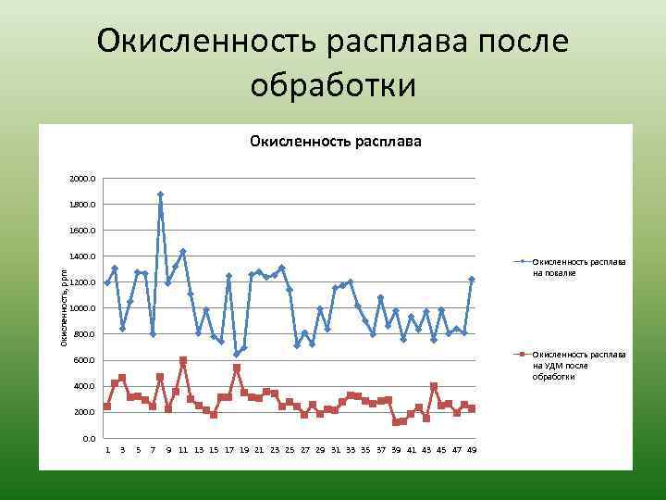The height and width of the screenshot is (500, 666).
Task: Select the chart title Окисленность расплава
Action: pyautogui.click(x=335, y=142)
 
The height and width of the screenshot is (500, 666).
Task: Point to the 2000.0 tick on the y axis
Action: pyautogui.click(x=81, y=179)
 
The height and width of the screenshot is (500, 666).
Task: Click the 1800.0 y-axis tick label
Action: pyautogui.click(x=81, y=205)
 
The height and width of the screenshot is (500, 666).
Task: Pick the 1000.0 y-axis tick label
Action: pyautogui.click(x=81, y=308)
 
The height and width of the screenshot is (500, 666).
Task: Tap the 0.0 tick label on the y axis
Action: pyautogui.click(x=87, y=438)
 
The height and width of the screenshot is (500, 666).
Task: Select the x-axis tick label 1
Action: pyautogui.click(x=107, y=450)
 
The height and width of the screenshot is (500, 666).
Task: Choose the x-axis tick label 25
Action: pyautogui.click(x=290, y=450)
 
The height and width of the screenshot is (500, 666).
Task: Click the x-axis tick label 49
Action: pyautogui.click(x=471, y=450)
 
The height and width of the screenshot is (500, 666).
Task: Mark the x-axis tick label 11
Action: pyautogui.click(x=183, y=450)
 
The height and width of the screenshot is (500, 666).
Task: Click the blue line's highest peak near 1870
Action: pyautogui.click(x=160, y=194)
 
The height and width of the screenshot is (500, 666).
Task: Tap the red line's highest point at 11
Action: pyautogui.click(x=183, y=360)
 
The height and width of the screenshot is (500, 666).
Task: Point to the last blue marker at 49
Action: pyautogui.click(x=472, y=279)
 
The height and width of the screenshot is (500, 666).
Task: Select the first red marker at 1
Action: pyautogui.click(x=107, y=406)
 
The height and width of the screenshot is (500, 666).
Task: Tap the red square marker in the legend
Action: pyautogui.click(x=523, y=355)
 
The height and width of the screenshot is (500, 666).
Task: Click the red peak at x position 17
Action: pyautogui.click(x=237, y=368)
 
